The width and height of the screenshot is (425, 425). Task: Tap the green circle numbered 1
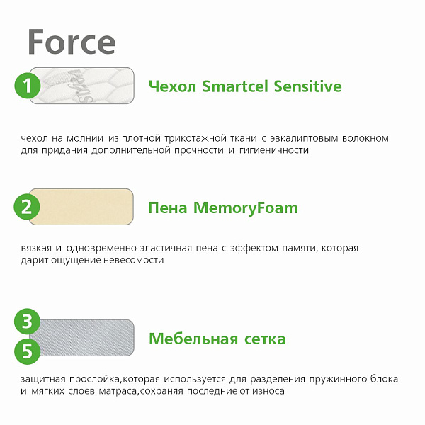(x=28, y=86)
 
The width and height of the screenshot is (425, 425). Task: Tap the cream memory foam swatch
(x=85, y=208)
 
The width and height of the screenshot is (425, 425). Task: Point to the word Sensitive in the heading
(x=305, y=87)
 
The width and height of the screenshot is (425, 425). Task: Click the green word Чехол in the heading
(x=173, y=87)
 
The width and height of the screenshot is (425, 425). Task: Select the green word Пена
(x=167, y=208)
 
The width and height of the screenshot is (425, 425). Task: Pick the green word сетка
(x=263, y=339)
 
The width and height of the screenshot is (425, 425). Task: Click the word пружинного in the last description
(x=334, y=379)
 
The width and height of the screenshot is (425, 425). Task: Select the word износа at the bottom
(x=268, y=391)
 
